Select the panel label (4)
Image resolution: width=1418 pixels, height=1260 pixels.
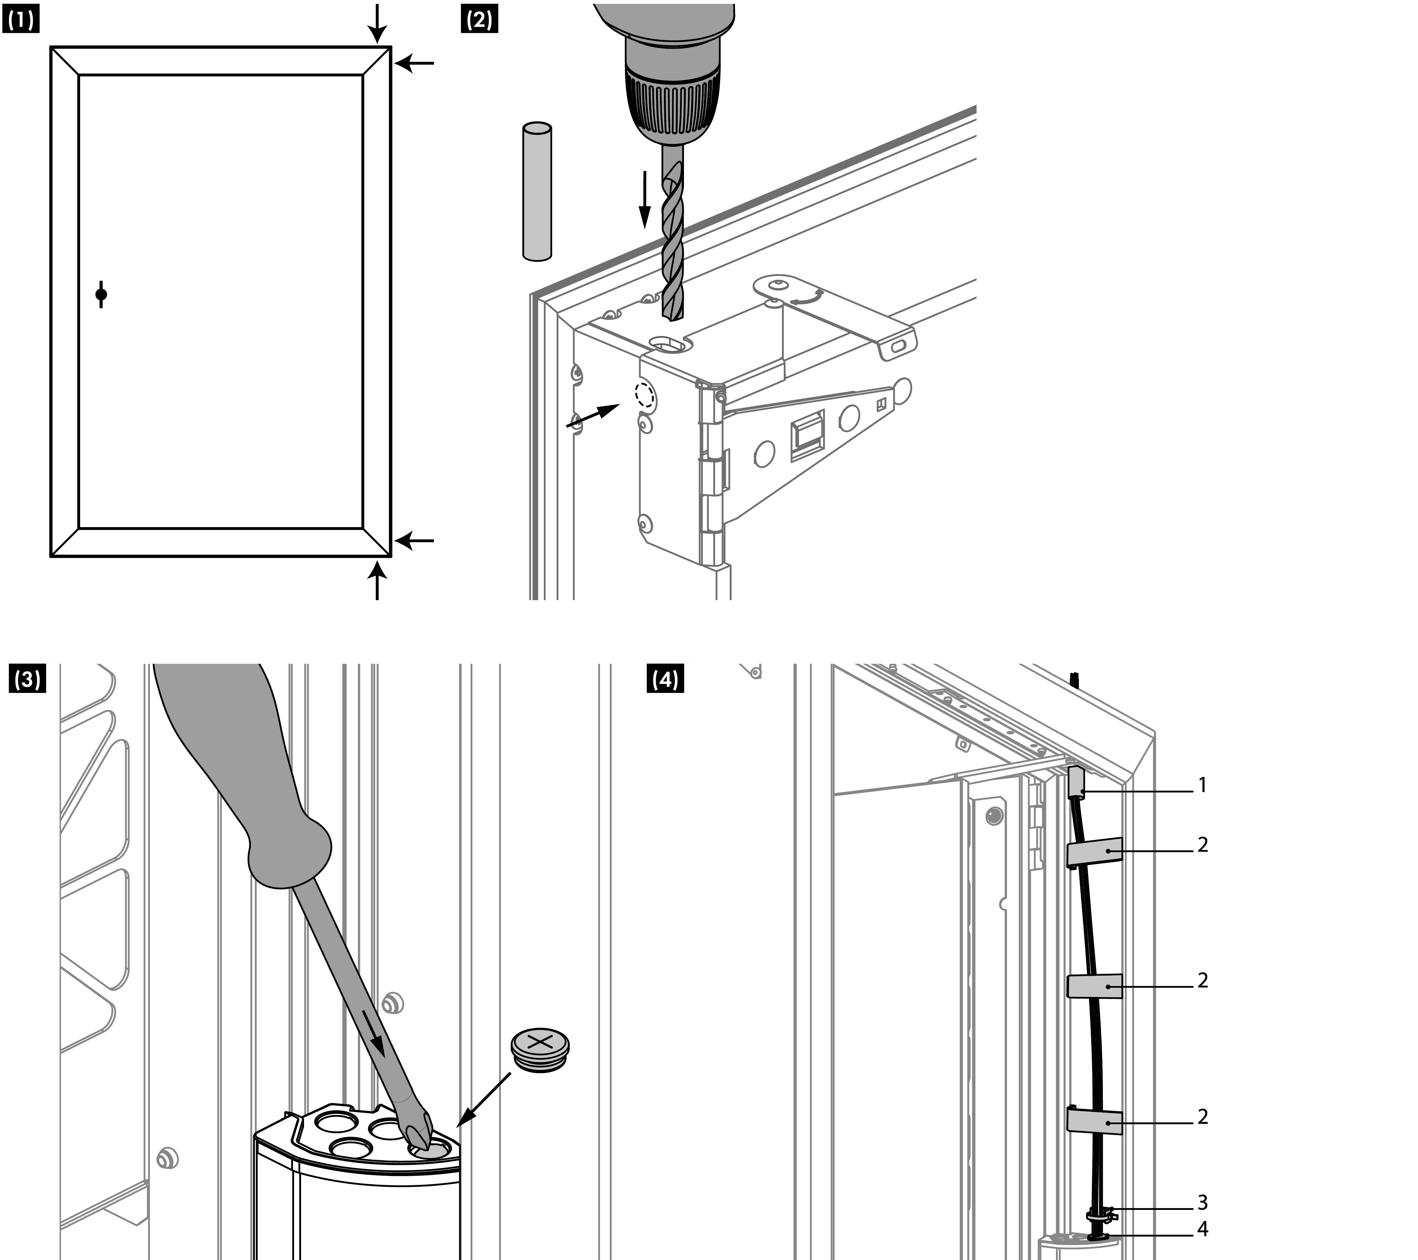point(665,679)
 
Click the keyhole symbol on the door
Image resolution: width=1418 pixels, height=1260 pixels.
point(101,295)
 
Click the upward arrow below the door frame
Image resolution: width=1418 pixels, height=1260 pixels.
point(377,581)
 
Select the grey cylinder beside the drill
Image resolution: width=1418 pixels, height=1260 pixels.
point(536,191)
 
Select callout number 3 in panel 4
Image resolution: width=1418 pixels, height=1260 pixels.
point(1202,1202)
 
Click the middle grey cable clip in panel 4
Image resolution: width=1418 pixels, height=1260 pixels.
point(1094,986)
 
